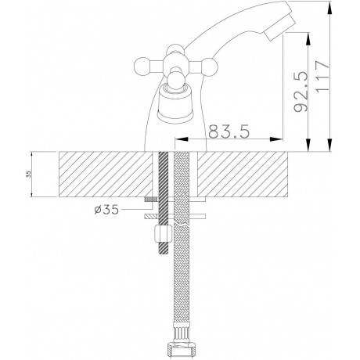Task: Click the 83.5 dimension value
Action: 229,131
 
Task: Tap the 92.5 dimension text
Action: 301,92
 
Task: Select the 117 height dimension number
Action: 322,76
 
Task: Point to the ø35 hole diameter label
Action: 106,210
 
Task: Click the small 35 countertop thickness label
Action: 29,175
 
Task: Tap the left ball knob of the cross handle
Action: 142,66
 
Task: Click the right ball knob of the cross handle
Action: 209,66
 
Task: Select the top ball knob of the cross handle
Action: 175,49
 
